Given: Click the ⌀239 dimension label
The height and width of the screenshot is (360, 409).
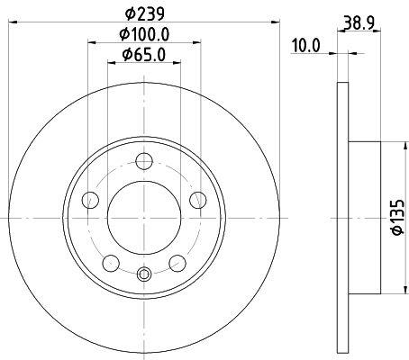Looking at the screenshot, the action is click(145, 13).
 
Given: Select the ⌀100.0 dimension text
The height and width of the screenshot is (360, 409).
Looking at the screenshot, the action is click(144, 34).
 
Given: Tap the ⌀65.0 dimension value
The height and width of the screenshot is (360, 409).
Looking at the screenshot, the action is click(143, 55).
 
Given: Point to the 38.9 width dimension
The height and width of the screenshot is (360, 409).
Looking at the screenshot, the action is click(359, 22).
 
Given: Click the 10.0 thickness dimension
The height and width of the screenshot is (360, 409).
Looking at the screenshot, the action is click(306, 46).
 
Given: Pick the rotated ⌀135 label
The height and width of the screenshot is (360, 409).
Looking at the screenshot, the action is click(397, 217).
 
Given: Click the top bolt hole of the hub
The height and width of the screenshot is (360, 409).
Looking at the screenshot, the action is click(144, 161).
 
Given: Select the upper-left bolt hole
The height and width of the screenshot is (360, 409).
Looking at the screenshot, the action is click(90, 200).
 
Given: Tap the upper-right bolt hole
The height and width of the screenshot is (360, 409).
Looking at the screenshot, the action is click(198, 200).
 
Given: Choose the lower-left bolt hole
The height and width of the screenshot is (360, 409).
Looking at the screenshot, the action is click(111, 264).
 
